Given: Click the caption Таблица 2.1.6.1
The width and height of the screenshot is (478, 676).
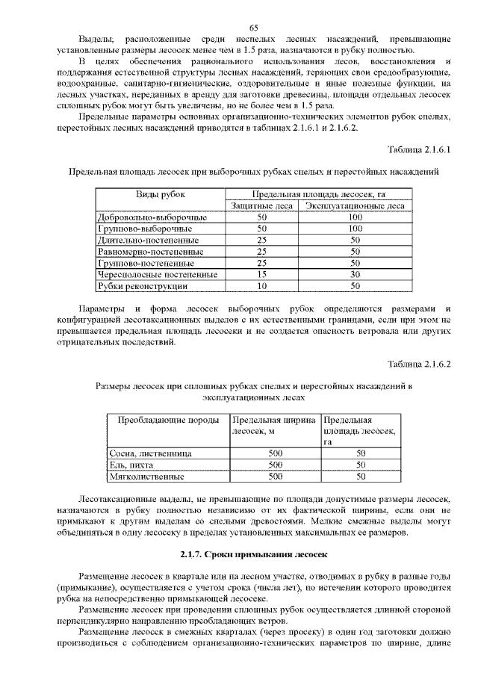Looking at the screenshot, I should pos(420,151).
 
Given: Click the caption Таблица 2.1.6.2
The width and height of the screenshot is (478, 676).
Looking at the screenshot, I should pos(420,365).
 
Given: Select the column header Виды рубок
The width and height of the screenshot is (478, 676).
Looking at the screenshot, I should pos(161,194).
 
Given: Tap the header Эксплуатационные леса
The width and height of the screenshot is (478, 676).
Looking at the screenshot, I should pos(356,205).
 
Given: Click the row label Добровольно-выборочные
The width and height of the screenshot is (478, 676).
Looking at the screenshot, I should pos(152,217).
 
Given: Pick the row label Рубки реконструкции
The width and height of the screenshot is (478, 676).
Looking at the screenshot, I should pos(141,286).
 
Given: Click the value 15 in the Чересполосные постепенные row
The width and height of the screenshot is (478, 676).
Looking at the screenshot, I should pos(261,275).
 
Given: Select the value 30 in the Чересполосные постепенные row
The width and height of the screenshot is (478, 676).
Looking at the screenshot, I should pos(356,275).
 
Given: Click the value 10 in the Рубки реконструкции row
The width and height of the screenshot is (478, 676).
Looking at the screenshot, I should pos(261,286).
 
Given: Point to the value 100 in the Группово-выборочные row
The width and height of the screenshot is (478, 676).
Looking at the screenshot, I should pos(356,229).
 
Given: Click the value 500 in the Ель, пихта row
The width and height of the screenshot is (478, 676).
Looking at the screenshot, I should pos(276,465).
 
